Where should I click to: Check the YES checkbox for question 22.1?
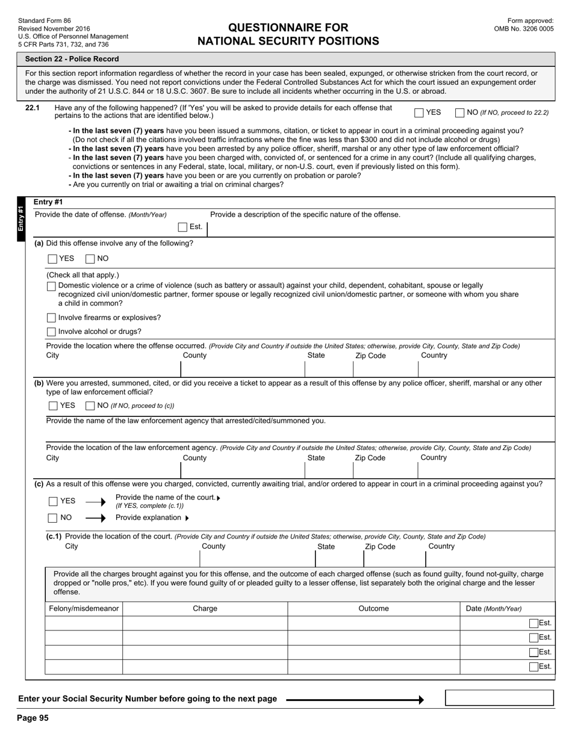coord(419,113)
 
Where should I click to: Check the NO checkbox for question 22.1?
coord(460,113)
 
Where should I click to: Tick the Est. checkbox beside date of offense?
coord(183,227)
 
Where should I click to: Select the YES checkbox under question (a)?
coord(52,259)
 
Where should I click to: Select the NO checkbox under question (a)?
coord(90,259)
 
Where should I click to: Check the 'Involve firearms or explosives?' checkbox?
coord(51,318)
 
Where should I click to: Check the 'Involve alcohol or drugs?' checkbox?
coord(51,332)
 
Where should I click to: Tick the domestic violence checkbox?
coord(51,286)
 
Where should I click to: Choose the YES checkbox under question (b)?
coord(53,406)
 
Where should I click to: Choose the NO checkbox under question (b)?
coord(90,406)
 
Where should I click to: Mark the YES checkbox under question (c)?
coord(53,501)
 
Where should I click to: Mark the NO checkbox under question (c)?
coord(53,518)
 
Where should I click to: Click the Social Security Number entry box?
coord(499,698)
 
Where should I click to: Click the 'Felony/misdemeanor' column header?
coord(84,609)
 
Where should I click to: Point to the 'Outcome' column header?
coord(373,609)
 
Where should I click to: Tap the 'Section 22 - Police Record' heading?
coord(72,59)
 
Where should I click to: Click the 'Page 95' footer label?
coord(33,718)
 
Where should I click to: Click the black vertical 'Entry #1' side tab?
coord(21,219)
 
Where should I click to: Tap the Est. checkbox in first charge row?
coord(533,624)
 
